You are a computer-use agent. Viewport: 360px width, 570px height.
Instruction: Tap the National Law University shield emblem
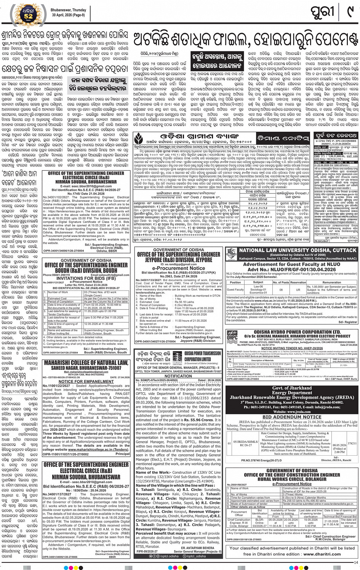pyautogui.click(x=231, y=254)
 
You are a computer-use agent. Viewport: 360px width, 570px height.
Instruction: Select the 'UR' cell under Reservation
pyautogui.click(x=298, y=290)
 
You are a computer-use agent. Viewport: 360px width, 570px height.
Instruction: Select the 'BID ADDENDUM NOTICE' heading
pyautogui.click(x=292, y=417)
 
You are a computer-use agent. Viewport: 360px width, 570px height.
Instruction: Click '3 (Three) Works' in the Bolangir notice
pyautogui.click(x=293, y=495)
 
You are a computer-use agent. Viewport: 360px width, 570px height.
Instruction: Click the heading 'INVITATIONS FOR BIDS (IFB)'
pyautogui.click(x=86, y=278)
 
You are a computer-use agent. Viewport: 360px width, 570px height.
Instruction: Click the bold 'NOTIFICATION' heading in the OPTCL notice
pyautogui.click(x=178, y=375)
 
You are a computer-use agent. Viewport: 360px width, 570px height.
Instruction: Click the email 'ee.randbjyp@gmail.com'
pyautogui.click(x=178, y=264)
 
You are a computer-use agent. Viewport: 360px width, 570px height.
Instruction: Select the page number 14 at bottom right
pyautogui.click(x=356, y=562)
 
